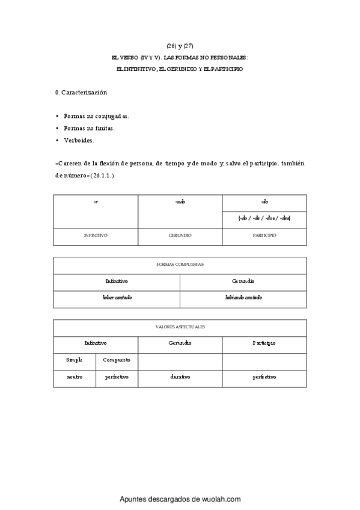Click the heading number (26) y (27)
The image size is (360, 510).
[x=180, y=46]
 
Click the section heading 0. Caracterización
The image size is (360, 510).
[x=81, y=93]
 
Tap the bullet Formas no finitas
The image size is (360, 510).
[x=89, y=128]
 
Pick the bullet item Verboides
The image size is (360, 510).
[x=79, y=140]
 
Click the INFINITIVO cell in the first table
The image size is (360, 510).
[x=96, y=236]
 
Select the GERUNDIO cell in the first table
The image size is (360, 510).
[x=180, y=236]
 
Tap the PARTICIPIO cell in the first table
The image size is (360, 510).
[x=264, y=236]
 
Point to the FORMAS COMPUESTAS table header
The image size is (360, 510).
[x=180, y=265]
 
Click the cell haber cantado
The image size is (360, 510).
[x=117, y=298]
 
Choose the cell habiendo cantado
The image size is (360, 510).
[x=243, y=298]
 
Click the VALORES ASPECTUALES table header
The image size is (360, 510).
[x=180, y=327]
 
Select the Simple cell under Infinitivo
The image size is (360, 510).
[x=75, y=360]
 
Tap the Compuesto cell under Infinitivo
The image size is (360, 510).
[x=117, y=360]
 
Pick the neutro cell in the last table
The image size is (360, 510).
[x=75, y=377]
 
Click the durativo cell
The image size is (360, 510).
[x=180, y=377]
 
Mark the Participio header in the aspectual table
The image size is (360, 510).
[x=264, y=343]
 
